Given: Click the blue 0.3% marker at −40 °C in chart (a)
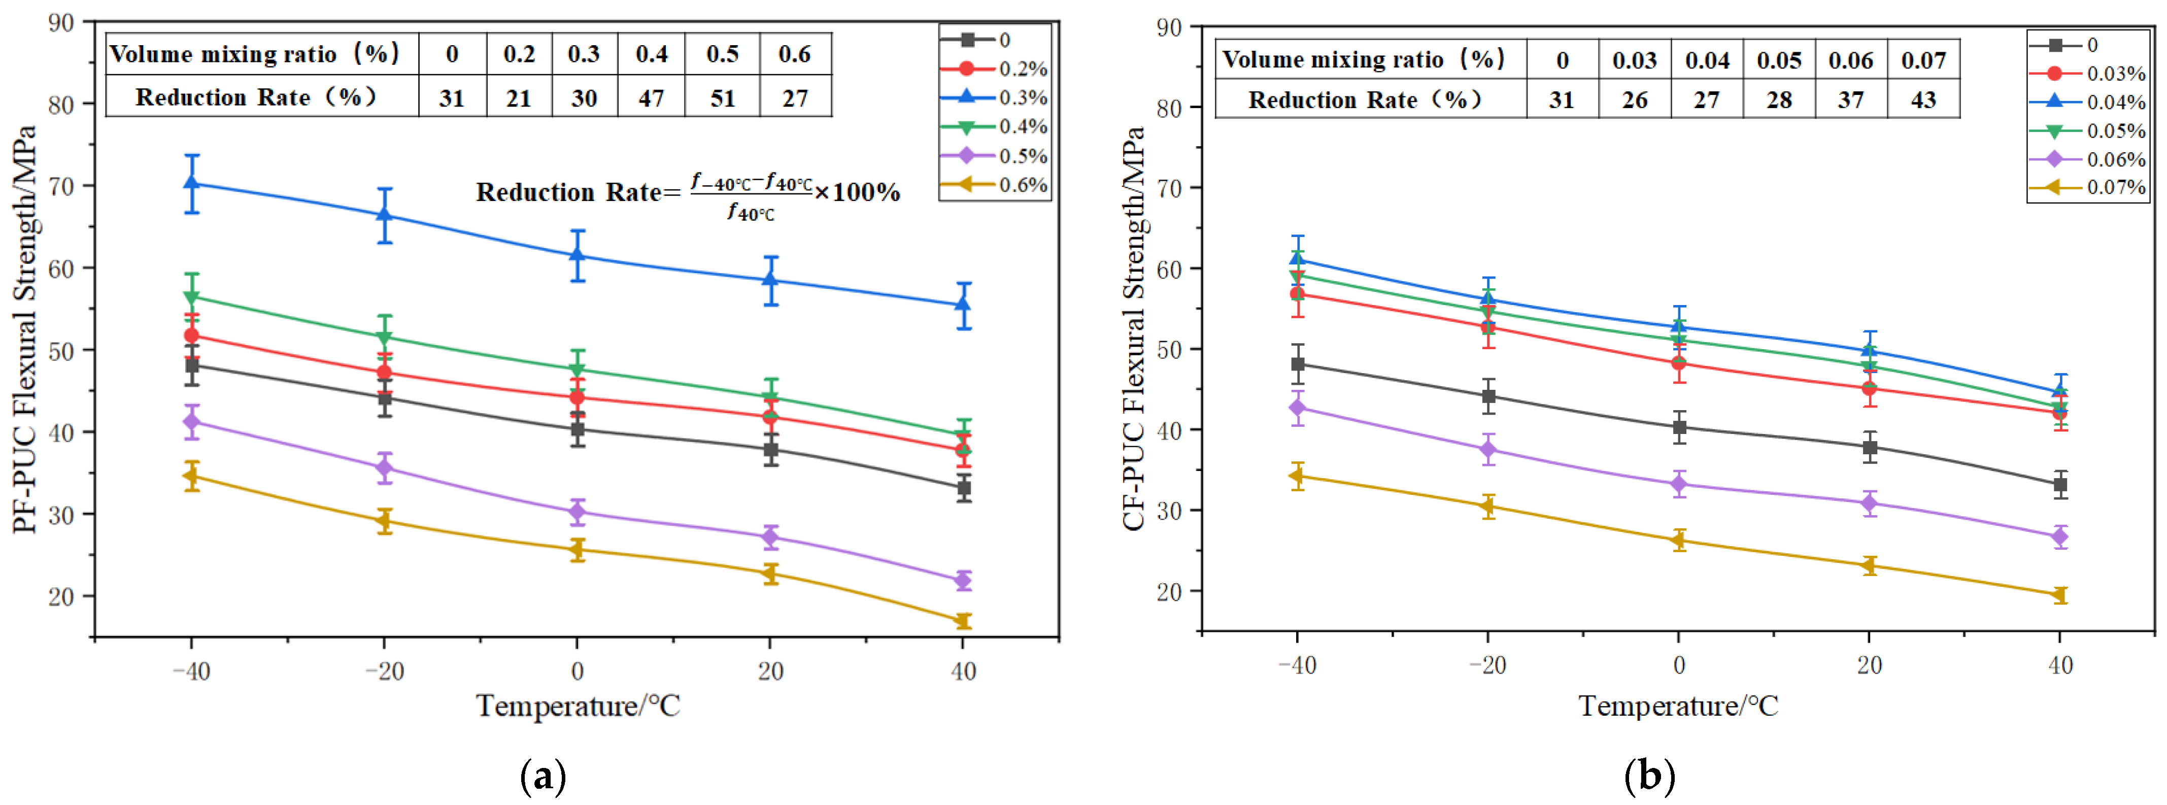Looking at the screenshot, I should pyautogui.click(x=192, y=183).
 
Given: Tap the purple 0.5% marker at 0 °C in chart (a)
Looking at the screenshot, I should pyautogui.click(x=577, y=512).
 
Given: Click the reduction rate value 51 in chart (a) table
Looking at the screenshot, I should pyautogui.click(x=723, y=98).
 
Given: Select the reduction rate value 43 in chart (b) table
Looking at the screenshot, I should pyautogui.click(x=1923, y=100).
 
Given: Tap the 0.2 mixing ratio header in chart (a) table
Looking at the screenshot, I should pyautogui.click(x=519, y=55).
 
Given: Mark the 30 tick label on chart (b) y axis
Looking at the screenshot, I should pyautogui.click(x=1169, y=511).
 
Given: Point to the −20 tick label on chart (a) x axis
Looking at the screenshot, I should pyautogui.click(x=385, y=671).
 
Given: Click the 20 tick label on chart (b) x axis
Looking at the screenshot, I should pyautogui.click(x=1869, y=665).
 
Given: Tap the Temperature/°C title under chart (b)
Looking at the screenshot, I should pyautogui.click(x=1678, y=706).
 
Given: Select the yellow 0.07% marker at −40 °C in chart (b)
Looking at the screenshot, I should pyautogui.click(x=1297, y=476).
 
